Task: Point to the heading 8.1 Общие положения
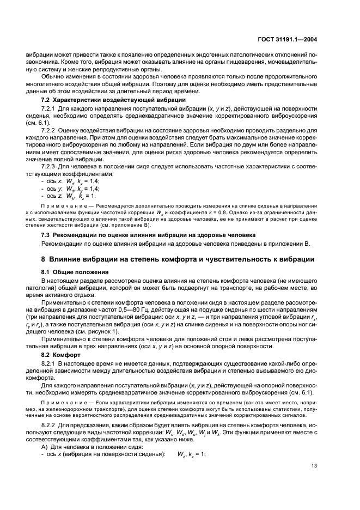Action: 75,271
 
